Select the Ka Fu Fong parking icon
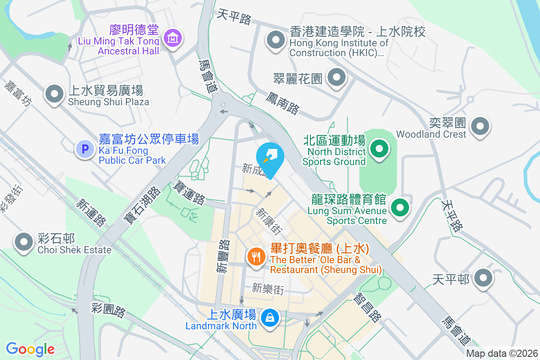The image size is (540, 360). (85, 148)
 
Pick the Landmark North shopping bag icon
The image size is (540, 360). (270, 318)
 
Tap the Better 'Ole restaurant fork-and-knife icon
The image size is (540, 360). (256, 257)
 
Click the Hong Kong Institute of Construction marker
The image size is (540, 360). (275, 41)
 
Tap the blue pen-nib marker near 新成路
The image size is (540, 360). (270, 156)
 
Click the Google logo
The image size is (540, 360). (30, 349)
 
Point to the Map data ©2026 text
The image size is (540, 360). (501, 353)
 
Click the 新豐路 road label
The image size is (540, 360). (223, 256)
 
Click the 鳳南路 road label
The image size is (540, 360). (282, 103)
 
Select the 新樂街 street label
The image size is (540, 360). (268, 288)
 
